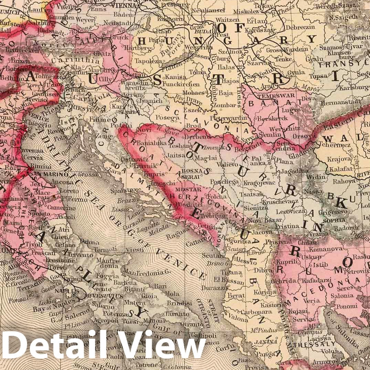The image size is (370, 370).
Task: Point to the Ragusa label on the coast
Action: coord(177,236)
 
